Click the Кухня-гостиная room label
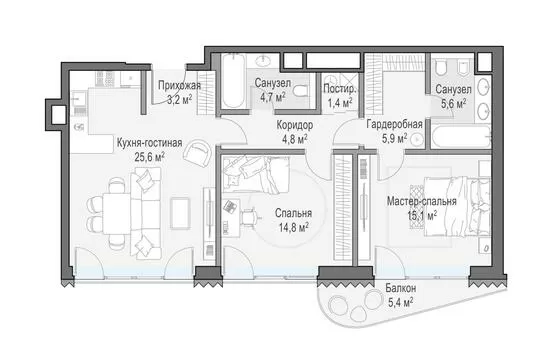point(150,143)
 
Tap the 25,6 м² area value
point(150,157)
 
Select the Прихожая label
point(179,86)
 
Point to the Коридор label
point(295,125)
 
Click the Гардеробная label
point(394,124)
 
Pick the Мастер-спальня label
point(422,201)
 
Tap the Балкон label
point(401,288)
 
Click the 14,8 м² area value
point(294,227)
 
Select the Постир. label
point(340,89)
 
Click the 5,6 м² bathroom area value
point(453,104)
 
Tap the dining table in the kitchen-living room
point(116,214)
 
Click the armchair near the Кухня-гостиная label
point(197,153)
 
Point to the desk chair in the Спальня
point(250,217)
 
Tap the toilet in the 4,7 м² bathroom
point(300,91)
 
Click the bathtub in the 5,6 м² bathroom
point(461,137)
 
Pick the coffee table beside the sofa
point(180,213)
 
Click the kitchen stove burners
point(105,79)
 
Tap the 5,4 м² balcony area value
point(401,303)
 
